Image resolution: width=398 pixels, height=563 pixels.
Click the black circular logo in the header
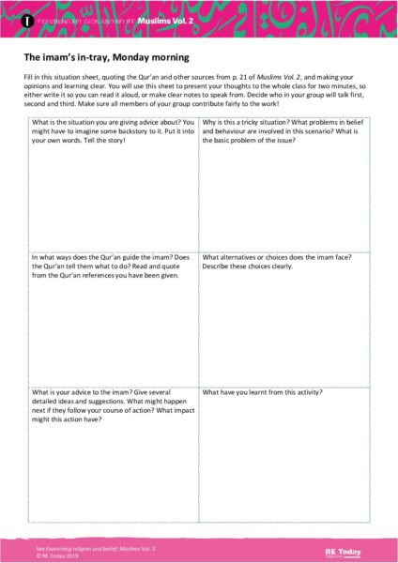click(x=28, y=19)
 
